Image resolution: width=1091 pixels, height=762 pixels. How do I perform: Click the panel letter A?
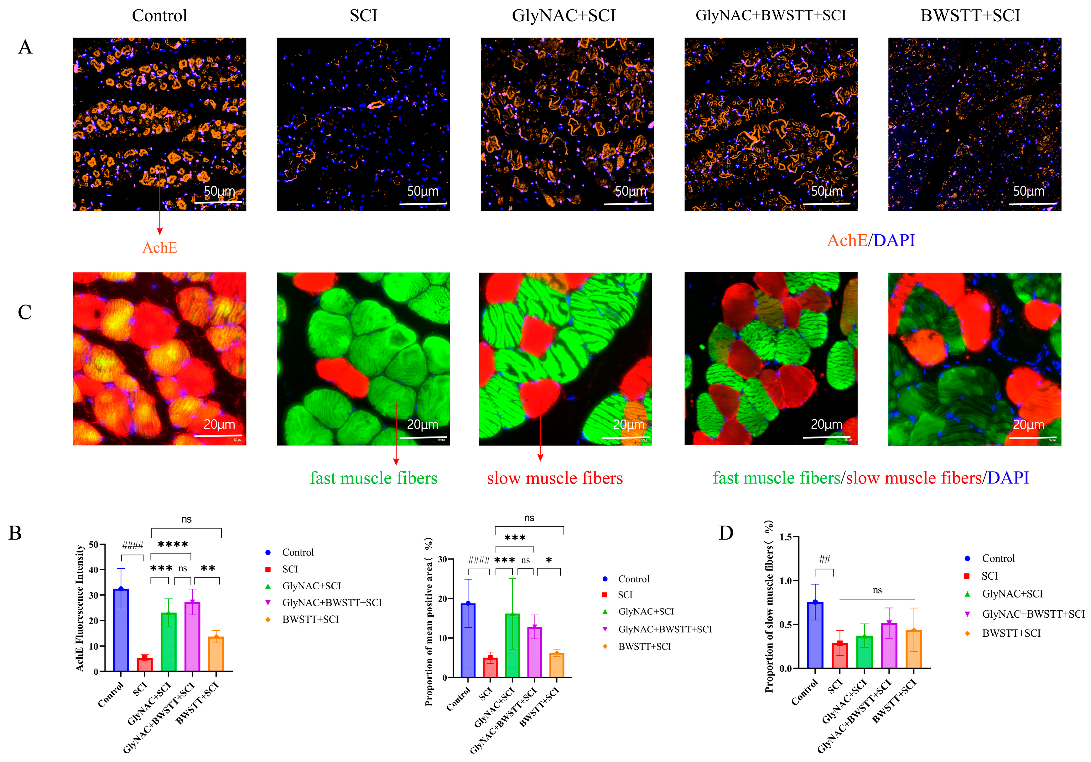coord(25,47)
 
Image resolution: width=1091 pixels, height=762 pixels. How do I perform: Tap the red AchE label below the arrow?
coord(160,248)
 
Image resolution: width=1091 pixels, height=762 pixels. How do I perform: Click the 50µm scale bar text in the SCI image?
coord(423,191)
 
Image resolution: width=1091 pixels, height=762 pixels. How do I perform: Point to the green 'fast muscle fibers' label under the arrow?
coord(373,478)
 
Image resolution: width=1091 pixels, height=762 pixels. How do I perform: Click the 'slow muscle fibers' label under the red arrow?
coord(554,478)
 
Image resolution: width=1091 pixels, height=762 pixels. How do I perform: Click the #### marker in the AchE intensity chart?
coord(132,545)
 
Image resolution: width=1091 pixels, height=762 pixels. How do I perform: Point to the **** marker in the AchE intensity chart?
coord(173,544)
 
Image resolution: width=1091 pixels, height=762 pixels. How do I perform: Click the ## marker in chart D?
coord(824,559)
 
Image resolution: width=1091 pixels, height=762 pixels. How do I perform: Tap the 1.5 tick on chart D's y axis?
coord(786,537)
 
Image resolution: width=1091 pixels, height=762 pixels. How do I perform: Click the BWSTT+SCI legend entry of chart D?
coord(1011,633)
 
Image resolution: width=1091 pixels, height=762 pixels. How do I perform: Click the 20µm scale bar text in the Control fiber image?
coord(219,425)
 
